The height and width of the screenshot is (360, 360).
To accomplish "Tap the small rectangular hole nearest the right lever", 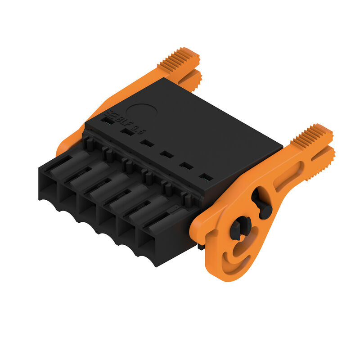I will pos(205,177).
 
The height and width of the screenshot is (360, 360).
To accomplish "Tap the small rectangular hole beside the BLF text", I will pos(107,120).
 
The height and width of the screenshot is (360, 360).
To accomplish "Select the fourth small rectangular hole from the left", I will pos(166,154).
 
